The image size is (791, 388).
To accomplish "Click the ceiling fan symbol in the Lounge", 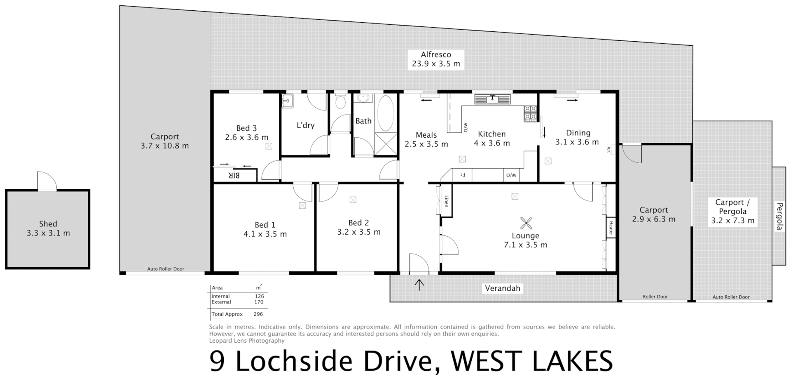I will click(x=526, y=223).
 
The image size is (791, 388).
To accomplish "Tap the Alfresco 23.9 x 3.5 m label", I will click(x=436, y=59).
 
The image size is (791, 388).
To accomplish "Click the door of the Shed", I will click(x=47, y=181).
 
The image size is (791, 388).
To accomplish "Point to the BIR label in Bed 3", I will click(x=234, y=176).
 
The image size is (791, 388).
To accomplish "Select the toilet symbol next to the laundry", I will click(x=340, y=101).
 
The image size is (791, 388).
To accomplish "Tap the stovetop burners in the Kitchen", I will click(x=530, y=113).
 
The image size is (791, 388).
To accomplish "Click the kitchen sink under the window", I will click(x=492, y=99).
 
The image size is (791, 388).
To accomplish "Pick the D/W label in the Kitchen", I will click(x=466, y=127).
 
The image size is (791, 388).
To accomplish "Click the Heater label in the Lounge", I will click(x=611, y=227).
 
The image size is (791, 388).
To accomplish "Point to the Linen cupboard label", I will click(x=446, y=201).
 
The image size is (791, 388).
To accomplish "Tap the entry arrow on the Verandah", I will click(x=419, y=285).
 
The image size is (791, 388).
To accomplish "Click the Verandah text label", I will click(x=503, y=288).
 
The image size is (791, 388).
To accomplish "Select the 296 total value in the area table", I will click(x=258, y=314).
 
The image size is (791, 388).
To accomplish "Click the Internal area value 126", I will click(x=259, y=296).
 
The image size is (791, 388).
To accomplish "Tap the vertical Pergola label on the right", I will click(x=779, y=216).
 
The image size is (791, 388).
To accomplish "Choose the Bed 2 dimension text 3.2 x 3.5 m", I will click(x=359, y=232).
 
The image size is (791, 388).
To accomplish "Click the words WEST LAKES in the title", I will click(x=532, y=361).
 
